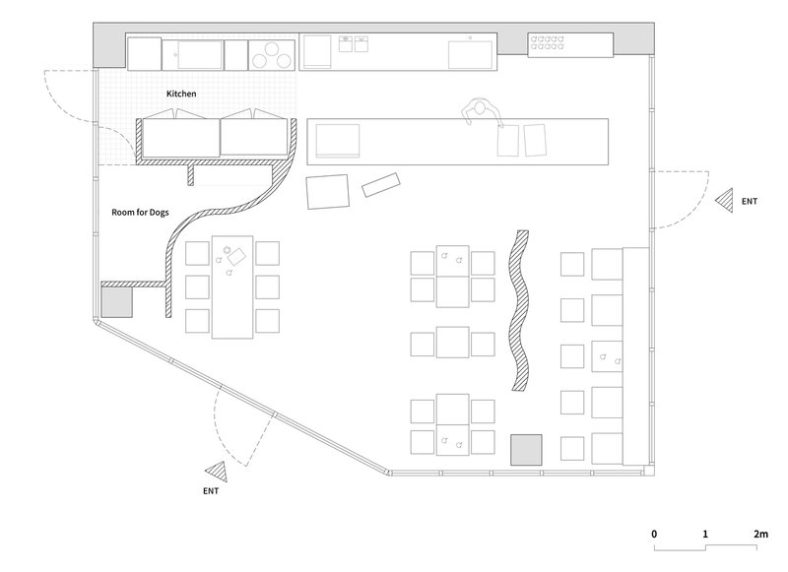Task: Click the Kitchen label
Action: pos(181,94)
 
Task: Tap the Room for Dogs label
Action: pos(140,213)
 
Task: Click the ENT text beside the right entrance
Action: pos(750,202)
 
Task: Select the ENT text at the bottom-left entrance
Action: pos(211,491)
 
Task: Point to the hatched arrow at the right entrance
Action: pos(725,201)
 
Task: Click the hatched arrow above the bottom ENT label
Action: pos(217,472)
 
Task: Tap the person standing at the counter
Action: pos(481,111)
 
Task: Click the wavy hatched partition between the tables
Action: pos(519,310)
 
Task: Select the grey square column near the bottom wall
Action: pos(526,450)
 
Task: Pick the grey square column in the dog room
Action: pos(116,302)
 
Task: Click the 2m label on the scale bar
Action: pos(760,534)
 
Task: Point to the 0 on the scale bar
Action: pos(654,534)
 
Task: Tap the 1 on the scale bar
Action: pos(705,534)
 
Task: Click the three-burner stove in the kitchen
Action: pos(272,55)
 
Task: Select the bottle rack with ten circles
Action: pos(547,42)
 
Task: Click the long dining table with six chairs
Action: pos(232,286)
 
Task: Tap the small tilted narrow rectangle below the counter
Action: pos(381,185)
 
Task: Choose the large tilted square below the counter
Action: pos(328,191)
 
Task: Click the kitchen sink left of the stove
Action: pos(200,55)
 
